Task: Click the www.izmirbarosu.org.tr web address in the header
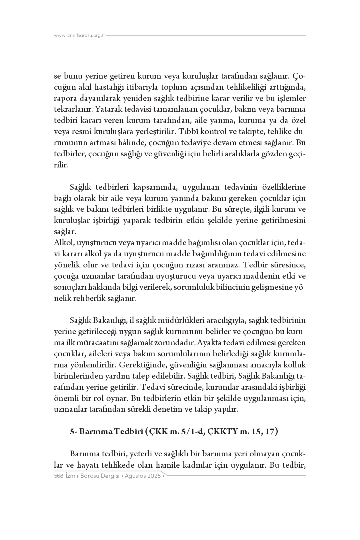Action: [x=80, y=35]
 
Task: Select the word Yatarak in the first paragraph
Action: [x=106, y=109]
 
